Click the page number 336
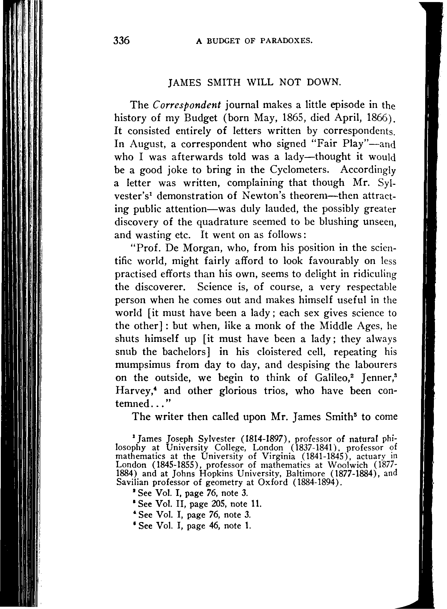pyautogui.click(x=122, y=41)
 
